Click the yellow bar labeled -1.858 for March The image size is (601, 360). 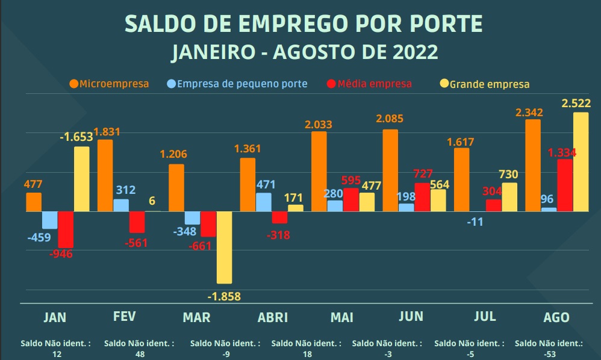click(x=224, y=247)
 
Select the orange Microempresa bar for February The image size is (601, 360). click(x=105, y=175)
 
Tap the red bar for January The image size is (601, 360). click(x=66, y=229)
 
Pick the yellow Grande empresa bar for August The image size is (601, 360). click(x=581, y=162)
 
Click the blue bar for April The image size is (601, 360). click(x=264, y=202)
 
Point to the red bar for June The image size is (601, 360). click(x=423, y=197)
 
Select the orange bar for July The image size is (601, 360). click(x=462, y=179)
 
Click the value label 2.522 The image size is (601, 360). click(x=576, y=104)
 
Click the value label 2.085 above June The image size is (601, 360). click(x=388, y=119)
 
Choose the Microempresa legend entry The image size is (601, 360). click(x=109, y=84)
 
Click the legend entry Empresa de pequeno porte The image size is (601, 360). click(x=237, y=84)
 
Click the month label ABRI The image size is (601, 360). click(x=272, y=317)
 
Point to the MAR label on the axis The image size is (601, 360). click(x=196, y=317)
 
